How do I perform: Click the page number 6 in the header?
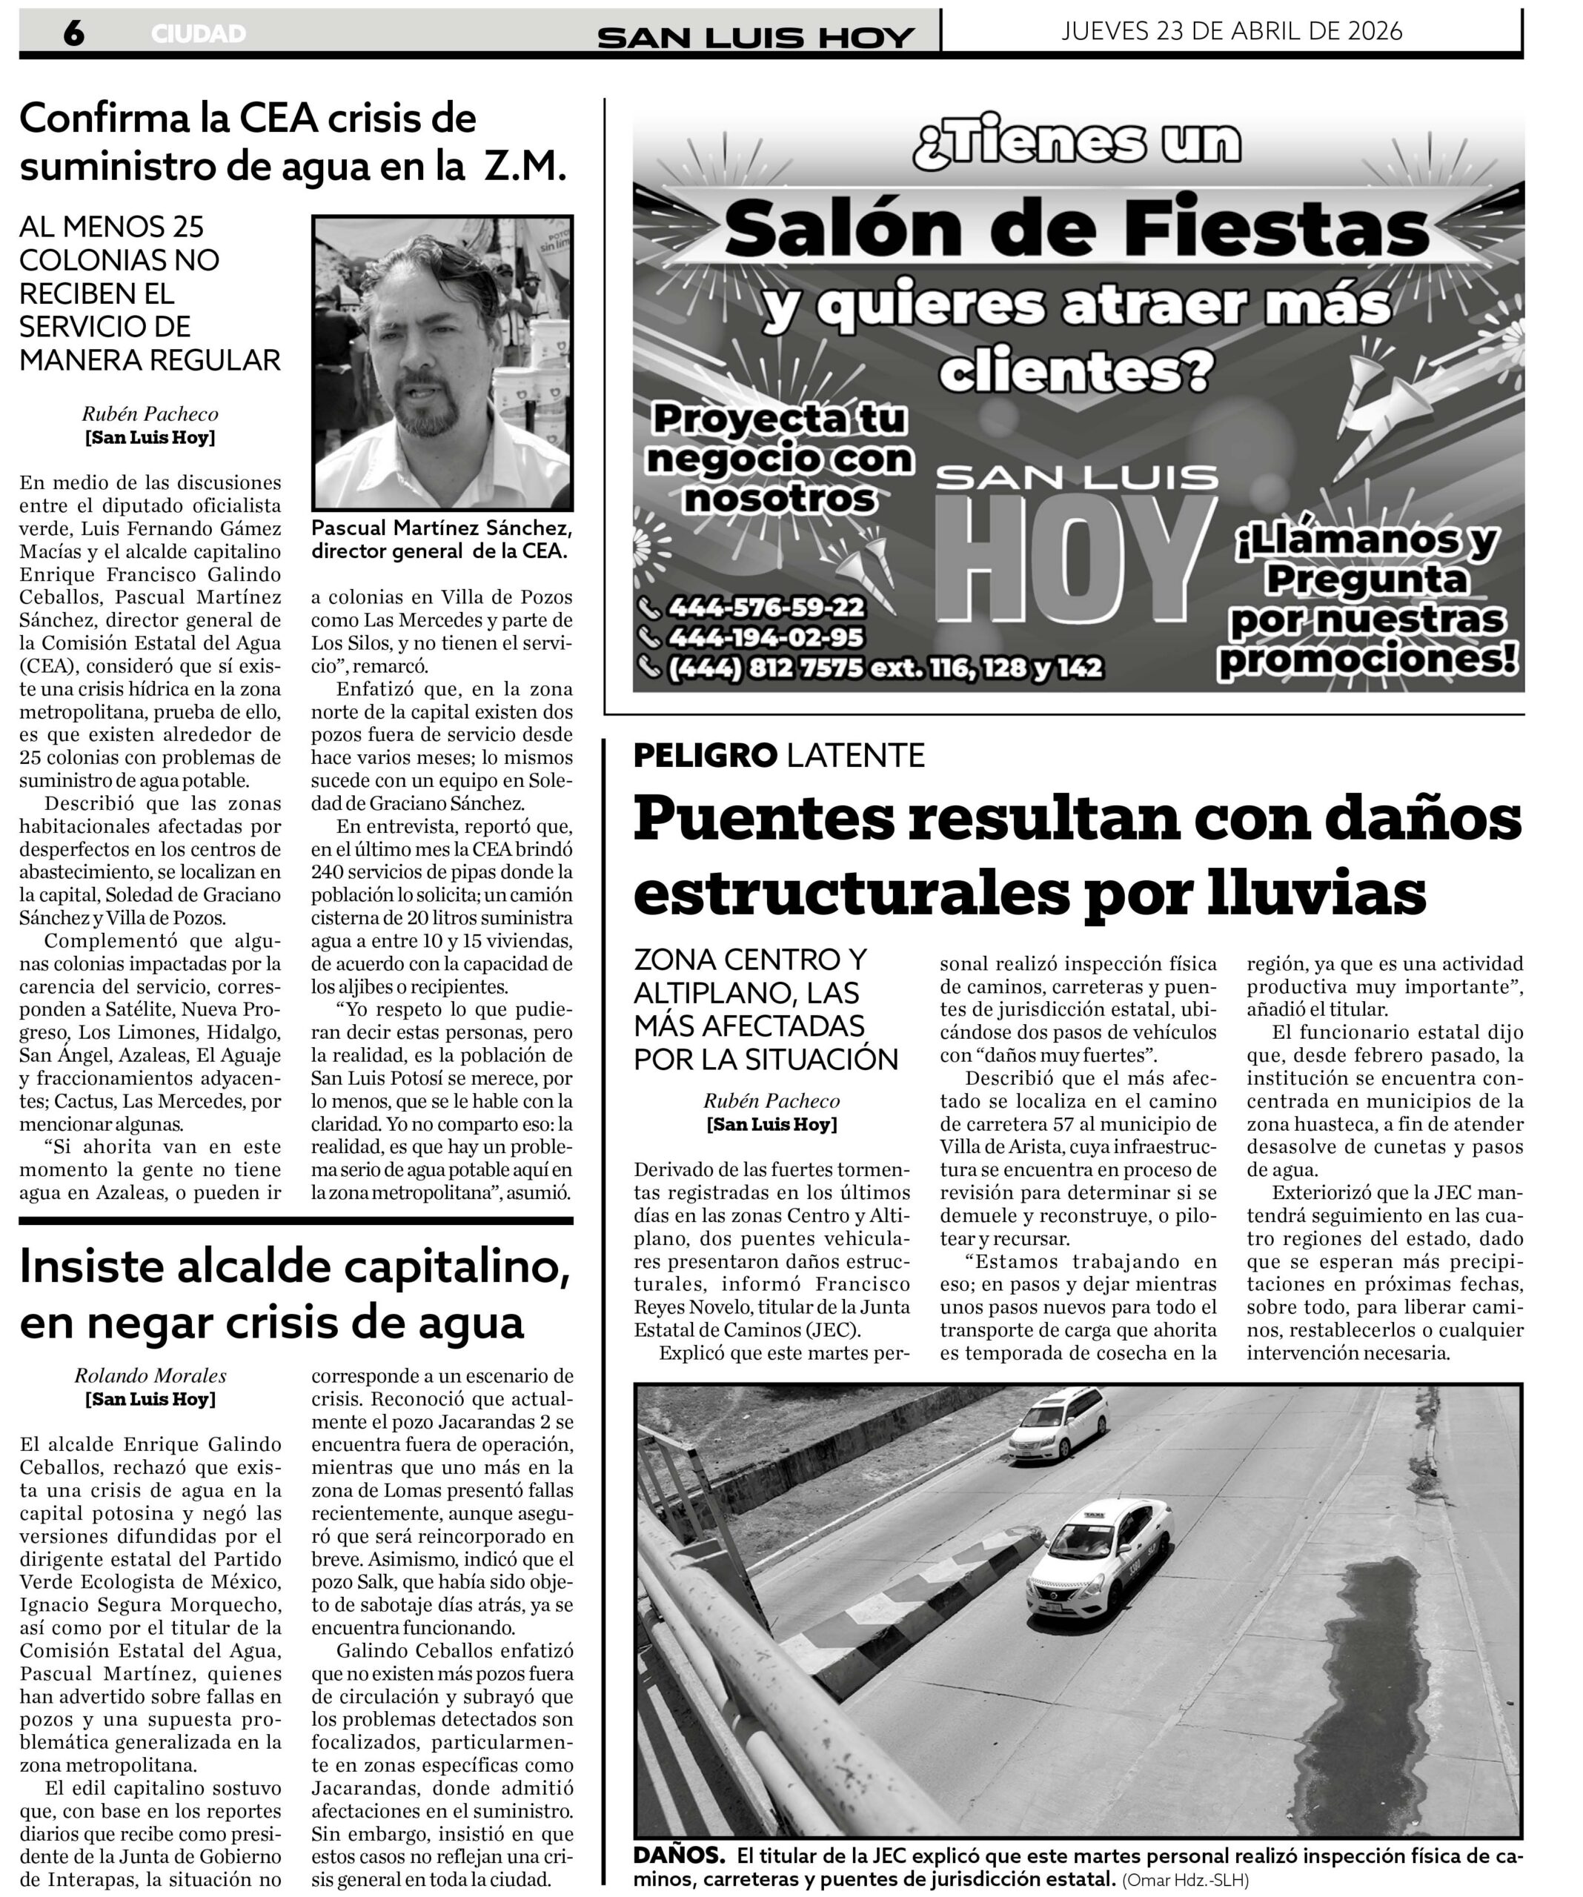74,33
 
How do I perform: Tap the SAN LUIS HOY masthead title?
755,37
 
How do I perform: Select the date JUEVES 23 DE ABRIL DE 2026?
1232,32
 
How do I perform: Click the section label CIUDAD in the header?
199,34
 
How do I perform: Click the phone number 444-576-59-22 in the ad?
766,607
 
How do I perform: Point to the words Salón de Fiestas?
1076,230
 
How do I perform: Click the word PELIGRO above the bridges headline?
705,755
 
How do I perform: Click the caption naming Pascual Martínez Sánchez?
442,539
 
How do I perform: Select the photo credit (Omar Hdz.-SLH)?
1186,1880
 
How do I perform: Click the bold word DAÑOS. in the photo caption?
679,1856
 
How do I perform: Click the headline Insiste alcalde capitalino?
294,1266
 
